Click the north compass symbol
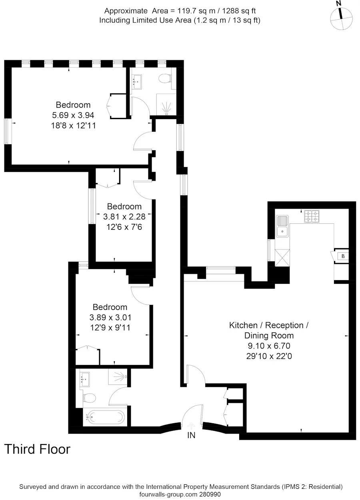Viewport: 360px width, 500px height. pyautogui.click(x=341, y=18)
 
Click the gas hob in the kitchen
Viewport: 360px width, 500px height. pyautogui.click(x=312, y=217)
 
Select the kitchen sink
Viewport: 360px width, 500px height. pyautogui.click(x=282, y=226)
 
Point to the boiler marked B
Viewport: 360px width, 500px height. pyautogui.click(x=343, y=256)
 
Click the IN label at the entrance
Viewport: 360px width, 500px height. pyautogui.click(x=191, y=435)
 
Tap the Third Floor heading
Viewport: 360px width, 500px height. pyautogui.click(x=37, y=449)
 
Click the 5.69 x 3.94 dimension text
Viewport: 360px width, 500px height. pyautogui.click(x=73, y=115)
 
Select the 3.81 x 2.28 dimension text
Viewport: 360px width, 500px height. pyautogui.click(x=124, y=217)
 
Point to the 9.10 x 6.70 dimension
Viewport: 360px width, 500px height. pyautogui.click(x=269, y=346)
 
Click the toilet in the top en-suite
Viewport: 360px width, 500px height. pyautogui.click(x=165, y=79)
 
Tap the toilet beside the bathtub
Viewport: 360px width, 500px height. pyautogui.click(x=89, y=398)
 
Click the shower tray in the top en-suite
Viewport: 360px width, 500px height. pyautogui.click(x=166, y=104)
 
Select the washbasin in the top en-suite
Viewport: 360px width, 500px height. pyautogui.click(x=136, y=80)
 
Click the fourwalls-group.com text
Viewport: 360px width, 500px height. pyautogui.click(x=168, y=494)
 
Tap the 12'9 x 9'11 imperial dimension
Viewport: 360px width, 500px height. pyautogui.click(x=110, y=327)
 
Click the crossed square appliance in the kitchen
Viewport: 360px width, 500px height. pyautogui.click(x=282, y=258)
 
